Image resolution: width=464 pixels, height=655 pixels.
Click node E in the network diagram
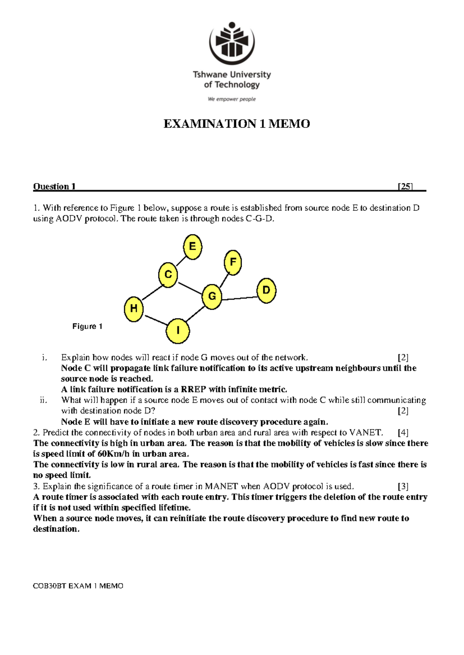(x=193, y=247)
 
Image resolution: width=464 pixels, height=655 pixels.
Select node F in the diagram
(x=233, y=262)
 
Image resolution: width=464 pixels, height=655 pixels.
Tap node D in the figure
(x=266, y=290)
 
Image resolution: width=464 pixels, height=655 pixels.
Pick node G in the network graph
(x=212, y=297)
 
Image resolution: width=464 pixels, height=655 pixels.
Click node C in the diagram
(x=168, y=275)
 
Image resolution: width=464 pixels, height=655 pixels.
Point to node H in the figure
(x=134, y=309)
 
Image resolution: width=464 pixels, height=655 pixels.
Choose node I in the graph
(x=178, y=331)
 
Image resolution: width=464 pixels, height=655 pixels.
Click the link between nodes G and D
(x=239, y=298)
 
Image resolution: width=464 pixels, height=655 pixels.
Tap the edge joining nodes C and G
(x=190, y=288)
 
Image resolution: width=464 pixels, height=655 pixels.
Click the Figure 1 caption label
(x=87, y=326)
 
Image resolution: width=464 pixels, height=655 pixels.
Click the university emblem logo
(x=232, y=42)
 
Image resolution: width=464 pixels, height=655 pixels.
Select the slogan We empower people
(x=232, y=99)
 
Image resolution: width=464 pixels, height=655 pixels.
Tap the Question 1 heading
(x=54, y=187)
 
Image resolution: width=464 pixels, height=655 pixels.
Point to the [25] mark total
(x=405, y=187)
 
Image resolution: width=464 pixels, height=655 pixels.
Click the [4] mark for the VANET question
(x=403, y=433)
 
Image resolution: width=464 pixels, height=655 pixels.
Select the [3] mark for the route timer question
(x=403, y=486)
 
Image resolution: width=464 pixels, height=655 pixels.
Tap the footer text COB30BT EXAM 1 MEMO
(x=78, y=586)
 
